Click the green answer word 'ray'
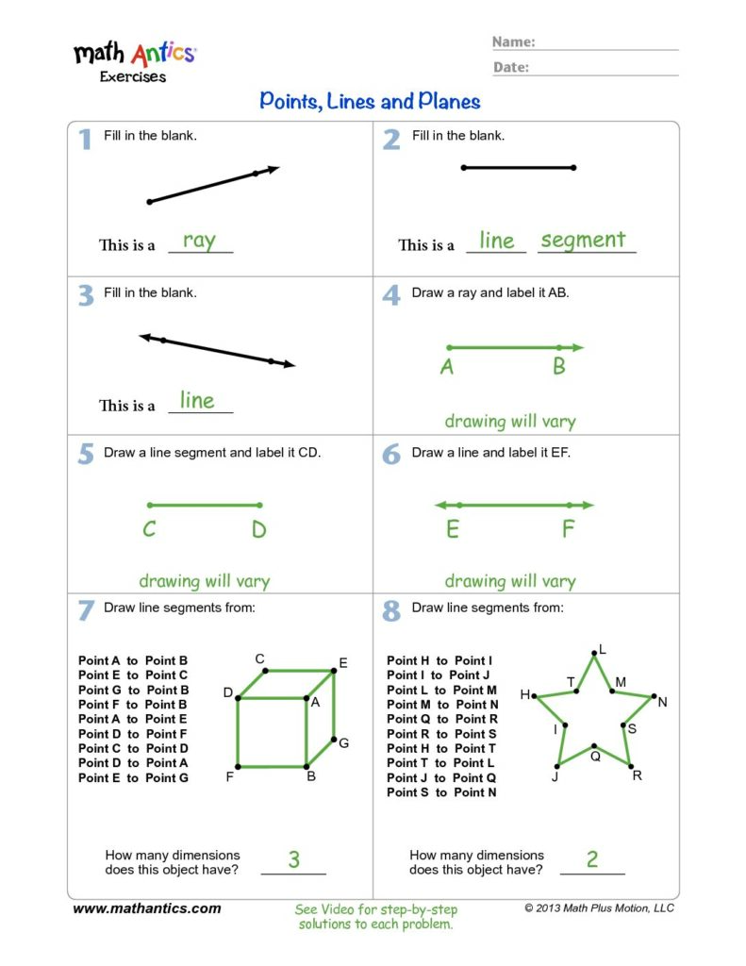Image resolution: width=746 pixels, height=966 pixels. point(199,241)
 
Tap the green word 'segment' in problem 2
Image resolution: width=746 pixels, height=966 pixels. point(583,241)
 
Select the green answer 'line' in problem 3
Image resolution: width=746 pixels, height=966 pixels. point(197,401)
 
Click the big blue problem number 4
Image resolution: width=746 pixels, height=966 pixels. point(391,295)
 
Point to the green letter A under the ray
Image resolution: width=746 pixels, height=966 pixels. point(447,368)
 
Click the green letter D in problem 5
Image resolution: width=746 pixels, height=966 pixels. point(259,530)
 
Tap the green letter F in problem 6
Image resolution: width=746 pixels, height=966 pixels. point(568,529)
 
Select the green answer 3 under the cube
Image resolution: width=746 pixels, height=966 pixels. point(293,859)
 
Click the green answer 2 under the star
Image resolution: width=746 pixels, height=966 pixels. point(592,858)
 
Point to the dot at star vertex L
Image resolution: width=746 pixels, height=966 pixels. point(594,653)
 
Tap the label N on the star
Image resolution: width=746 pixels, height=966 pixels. point(662,702)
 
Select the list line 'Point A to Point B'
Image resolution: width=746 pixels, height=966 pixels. point(133,660)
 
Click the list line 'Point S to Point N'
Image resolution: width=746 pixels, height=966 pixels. point(441,792)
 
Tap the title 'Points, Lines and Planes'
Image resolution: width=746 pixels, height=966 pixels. point(370,102)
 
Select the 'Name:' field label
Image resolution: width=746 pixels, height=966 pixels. point(514,42)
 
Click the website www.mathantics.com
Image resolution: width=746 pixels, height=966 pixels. point(147,908)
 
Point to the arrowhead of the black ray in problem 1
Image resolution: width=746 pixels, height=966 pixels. point(274,169)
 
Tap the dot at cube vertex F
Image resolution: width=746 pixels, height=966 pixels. point(238,766)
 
